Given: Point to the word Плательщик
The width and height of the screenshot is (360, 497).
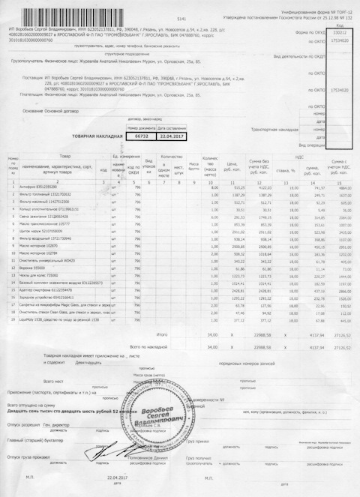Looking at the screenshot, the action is point(37,95).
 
